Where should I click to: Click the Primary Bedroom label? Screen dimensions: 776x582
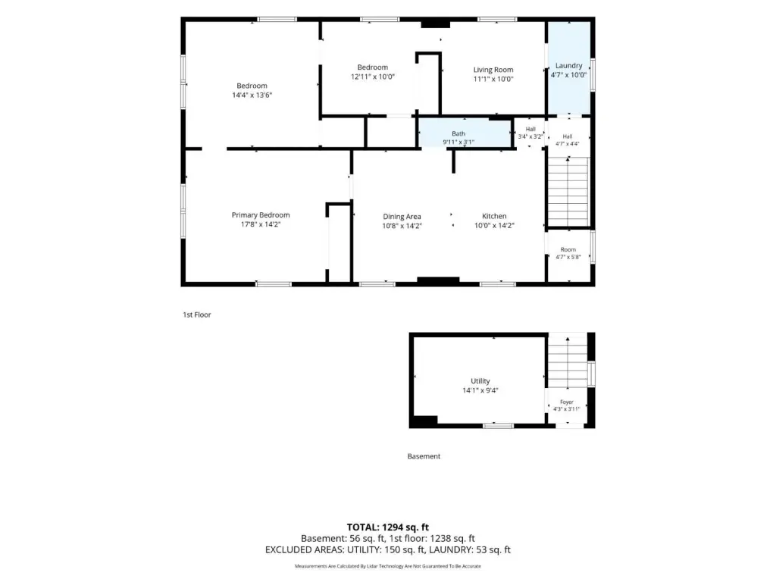point(261,214)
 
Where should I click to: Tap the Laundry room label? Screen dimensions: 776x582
point(568,65)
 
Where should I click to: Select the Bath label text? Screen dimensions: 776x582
point(458,133)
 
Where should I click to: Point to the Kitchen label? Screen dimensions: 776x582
point(494,216)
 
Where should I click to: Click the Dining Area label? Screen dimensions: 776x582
point(402,216)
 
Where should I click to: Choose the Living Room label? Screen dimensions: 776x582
point(493,70)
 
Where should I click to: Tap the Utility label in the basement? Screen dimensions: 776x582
point(480,380)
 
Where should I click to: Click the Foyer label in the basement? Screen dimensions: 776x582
point(567,402)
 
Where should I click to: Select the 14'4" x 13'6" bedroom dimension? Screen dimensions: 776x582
point(252,95)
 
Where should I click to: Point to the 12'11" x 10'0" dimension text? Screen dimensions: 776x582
point(373,77)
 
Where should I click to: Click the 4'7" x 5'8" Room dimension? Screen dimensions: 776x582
point(568,257)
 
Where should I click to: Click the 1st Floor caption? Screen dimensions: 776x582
point(197,314)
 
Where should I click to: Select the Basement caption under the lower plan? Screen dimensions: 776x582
point(424,456)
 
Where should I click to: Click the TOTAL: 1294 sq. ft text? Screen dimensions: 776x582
point(387,527)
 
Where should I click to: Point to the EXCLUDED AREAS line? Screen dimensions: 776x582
point(387,549)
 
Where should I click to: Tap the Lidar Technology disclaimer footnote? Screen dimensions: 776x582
point(387,566)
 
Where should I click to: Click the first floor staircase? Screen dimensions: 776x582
point(568,192)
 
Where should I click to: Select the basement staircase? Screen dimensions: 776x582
point(568,362)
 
